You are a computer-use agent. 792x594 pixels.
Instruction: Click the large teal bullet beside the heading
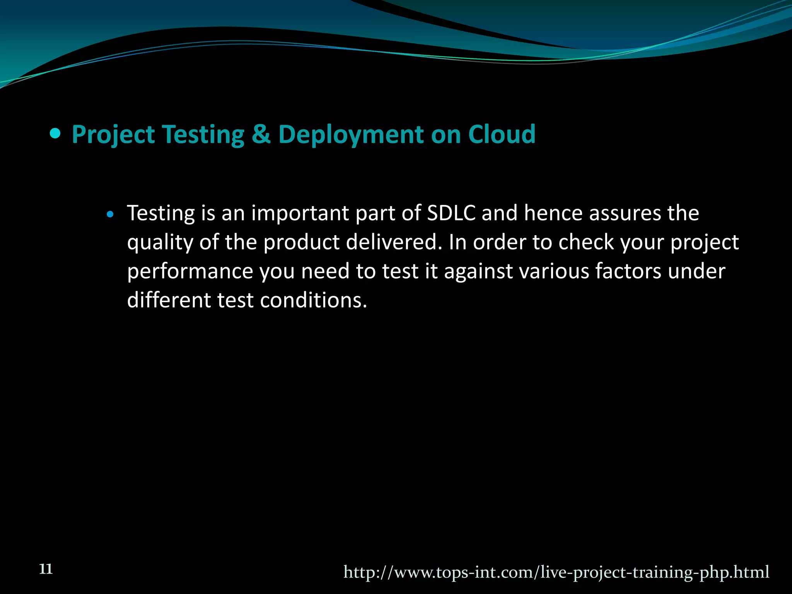56,134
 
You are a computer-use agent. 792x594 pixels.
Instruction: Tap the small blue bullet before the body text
111,214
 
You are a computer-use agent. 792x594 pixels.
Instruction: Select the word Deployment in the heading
351,135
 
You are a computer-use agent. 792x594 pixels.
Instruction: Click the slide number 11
46,569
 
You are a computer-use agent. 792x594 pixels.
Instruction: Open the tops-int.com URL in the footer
556,572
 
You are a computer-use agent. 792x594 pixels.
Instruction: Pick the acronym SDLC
451,213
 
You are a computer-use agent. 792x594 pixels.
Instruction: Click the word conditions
313,300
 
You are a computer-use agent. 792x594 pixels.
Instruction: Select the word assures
625,213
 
